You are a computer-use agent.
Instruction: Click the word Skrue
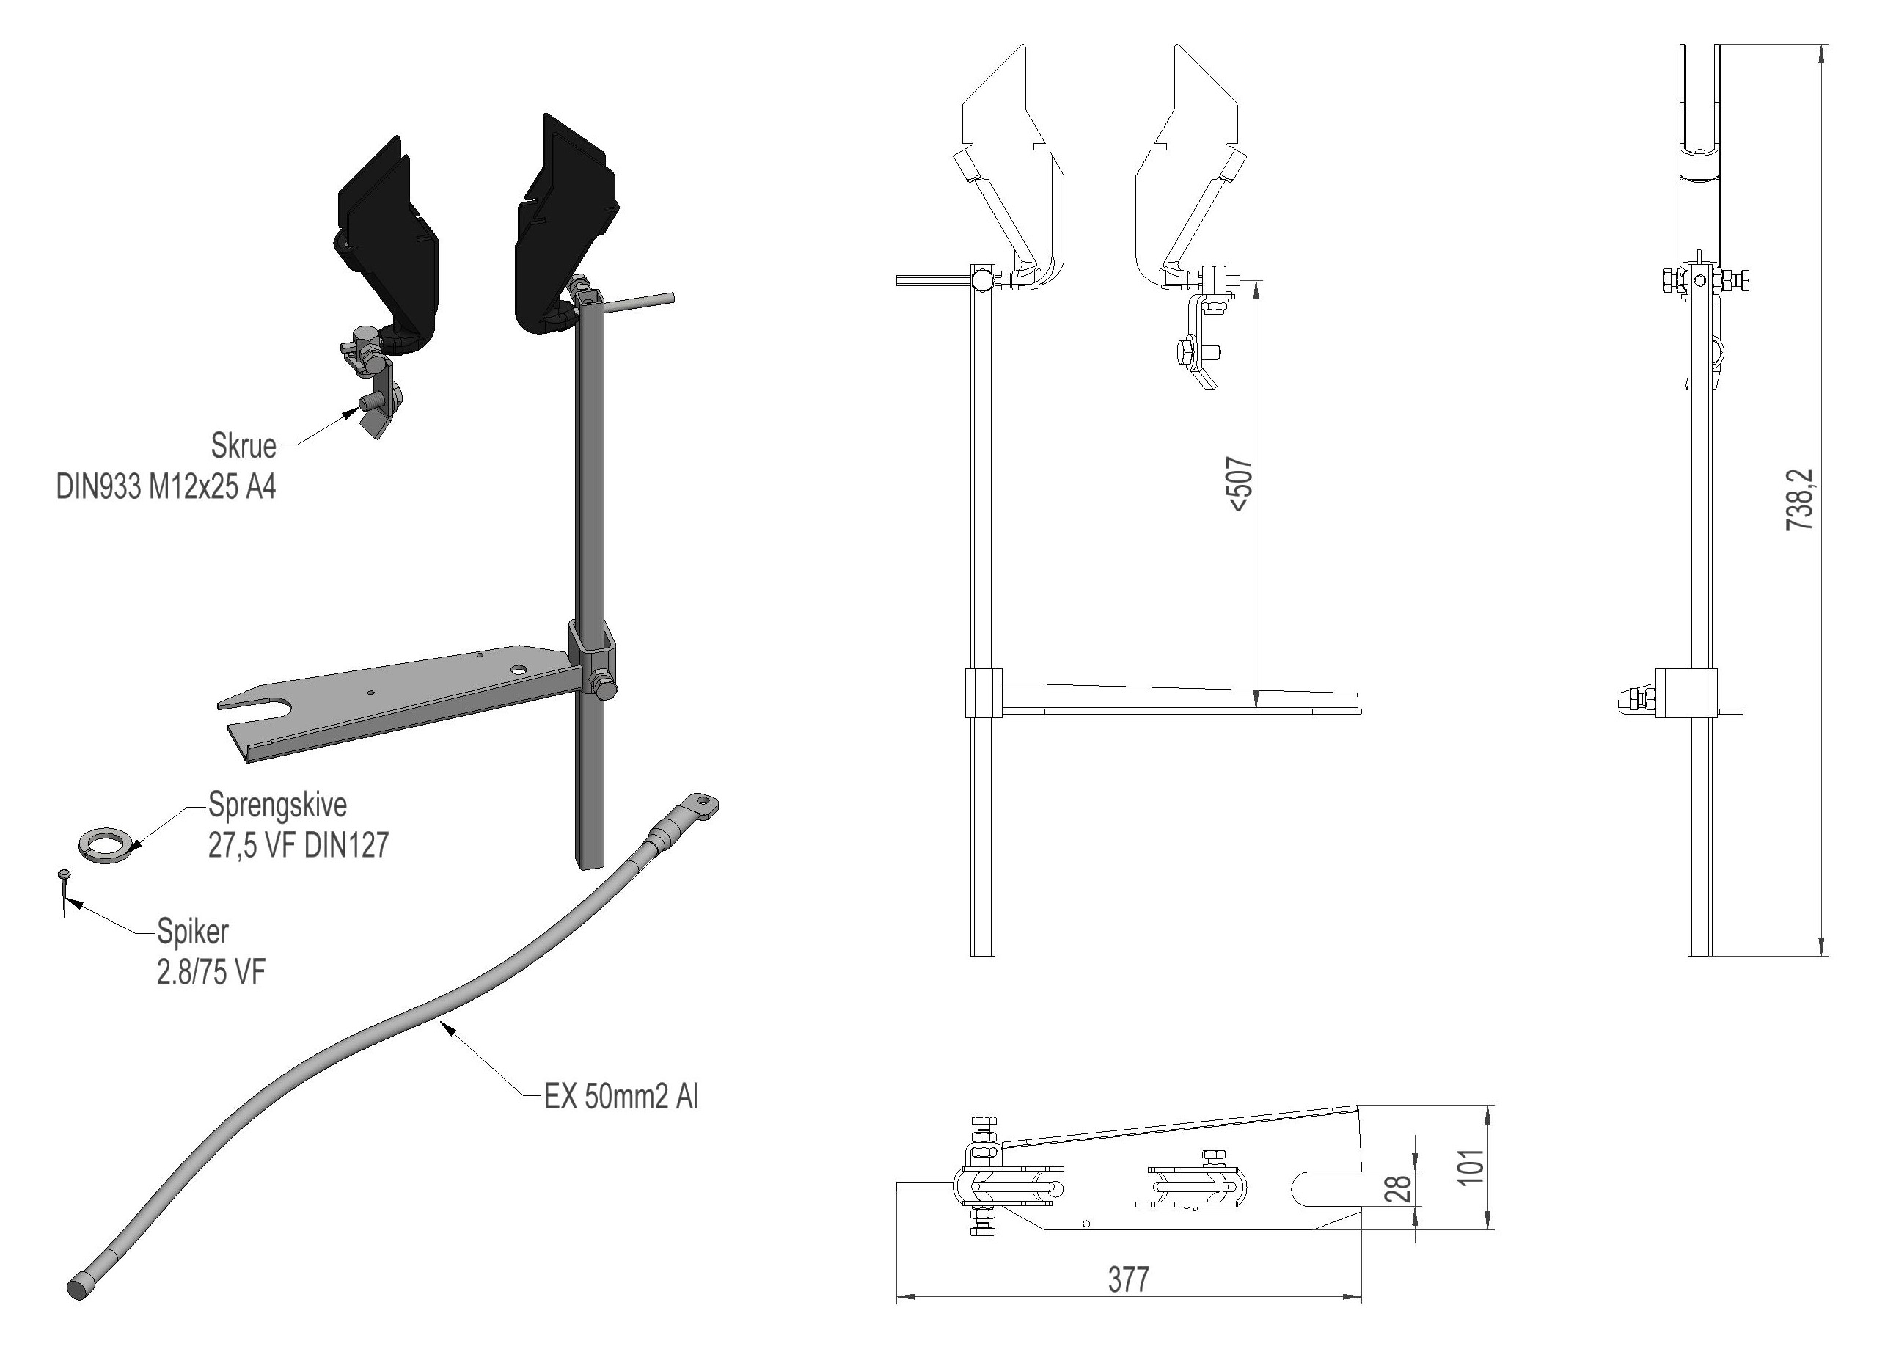(x=244, y=446)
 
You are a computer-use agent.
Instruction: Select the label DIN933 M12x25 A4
(x=166, y=487)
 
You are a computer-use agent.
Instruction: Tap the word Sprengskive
(x=277, y=805)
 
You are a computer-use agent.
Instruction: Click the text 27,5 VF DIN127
(x=299, y=846)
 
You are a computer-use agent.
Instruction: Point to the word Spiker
(x=193, y=932)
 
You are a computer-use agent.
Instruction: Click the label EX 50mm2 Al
(x=621, y=1097)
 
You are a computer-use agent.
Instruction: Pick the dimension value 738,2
(x=1799, y=500)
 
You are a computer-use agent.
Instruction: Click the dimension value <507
(x=1240, y=483)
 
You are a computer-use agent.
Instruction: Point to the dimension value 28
(x=1402, y=1188)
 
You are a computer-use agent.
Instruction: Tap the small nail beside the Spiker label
(x=64, y=894)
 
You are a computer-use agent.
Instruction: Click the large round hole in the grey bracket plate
(x=519, y=669)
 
